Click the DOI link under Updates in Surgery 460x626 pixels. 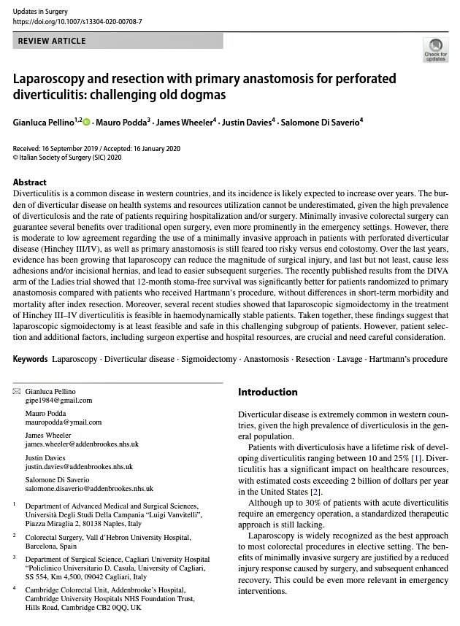coord(77,22)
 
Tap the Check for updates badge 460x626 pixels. coord(435,50)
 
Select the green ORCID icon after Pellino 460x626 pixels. coord(85,120)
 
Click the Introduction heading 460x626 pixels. coord(268,393)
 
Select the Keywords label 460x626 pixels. coord(31,360)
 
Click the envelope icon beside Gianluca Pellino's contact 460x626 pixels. coord(17,392)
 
